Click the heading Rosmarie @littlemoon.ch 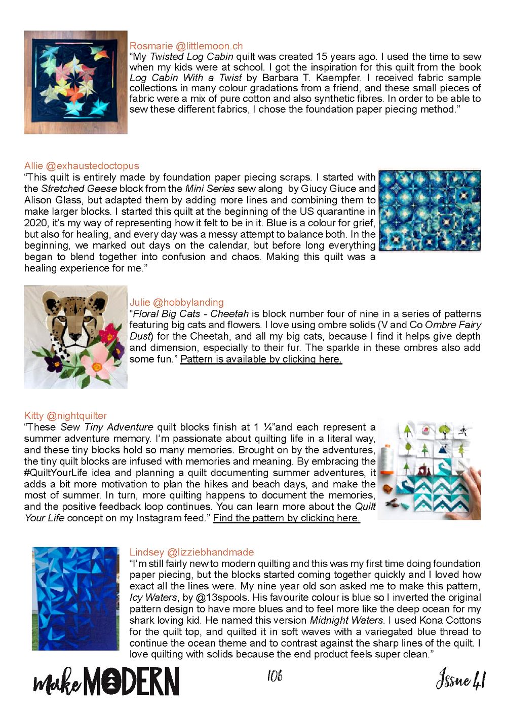coord(186,46)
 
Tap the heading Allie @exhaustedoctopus coord(81,166)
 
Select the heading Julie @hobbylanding coord(176,302)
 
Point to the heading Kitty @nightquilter coord(65,416)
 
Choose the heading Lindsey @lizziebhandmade coord(191,552)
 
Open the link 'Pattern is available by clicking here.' coord(261,359)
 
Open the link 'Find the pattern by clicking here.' coord(286,518)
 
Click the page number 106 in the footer coord(274,675)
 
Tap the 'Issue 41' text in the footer coord(460,678)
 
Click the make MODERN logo coord(106,681)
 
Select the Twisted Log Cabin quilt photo coord(75,82)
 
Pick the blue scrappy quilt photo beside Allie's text coord(430,210)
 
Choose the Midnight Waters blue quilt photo coord(75,598)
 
